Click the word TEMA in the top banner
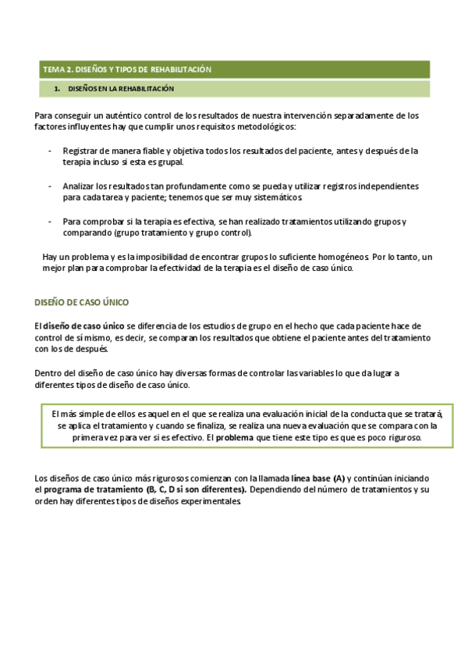coord(53,69)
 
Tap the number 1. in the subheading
coord(58,89)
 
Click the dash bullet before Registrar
coord(51,151)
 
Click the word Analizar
coord(80,187)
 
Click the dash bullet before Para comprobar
coord(51,222)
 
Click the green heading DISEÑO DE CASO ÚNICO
coord(82,302)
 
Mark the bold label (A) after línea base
coord(338,477)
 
